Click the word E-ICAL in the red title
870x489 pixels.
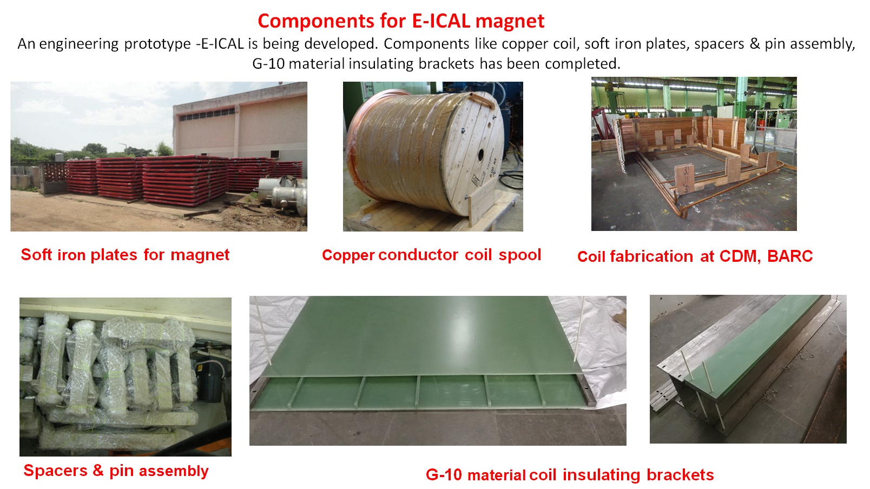click(x=441, y=21)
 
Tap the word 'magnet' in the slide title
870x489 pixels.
click(x=510, y=22)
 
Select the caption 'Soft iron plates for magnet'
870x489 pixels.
click(x=125, y=255)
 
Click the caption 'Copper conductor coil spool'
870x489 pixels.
click(x=432, y=255)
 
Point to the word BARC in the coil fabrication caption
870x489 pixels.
click(x=790, y=256)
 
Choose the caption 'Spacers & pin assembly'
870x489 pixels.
click(x=116, y=471)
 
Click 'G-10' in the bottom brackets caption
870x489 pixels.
click(x=444, y=474)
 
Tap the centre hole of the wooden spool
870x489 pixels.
click(x=480, y=155)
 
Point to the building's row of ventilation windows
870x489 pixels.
click(x=207, y=114)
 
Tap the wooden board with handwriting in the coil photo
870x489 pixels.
click(x=684, y=179)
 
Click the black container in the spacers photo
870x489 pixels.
click(x=210, y=381)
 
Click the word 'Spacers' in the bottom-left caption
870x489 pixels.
click(x=56, y=471)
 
